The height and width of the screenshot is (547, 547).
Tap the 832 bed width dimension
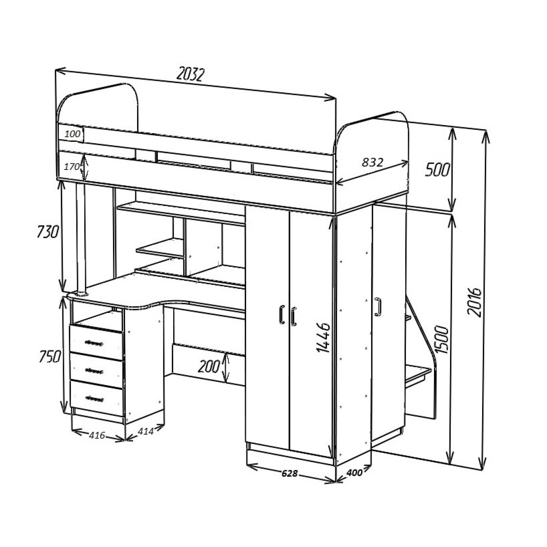coord(372,162)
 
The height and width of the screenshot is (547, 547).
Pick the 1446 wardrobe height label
coord(323,338)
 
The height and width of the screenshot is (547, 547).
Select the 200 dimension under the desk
coord(209,367)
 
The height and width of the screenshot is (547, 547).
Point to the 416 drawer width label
coord(97,435)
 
